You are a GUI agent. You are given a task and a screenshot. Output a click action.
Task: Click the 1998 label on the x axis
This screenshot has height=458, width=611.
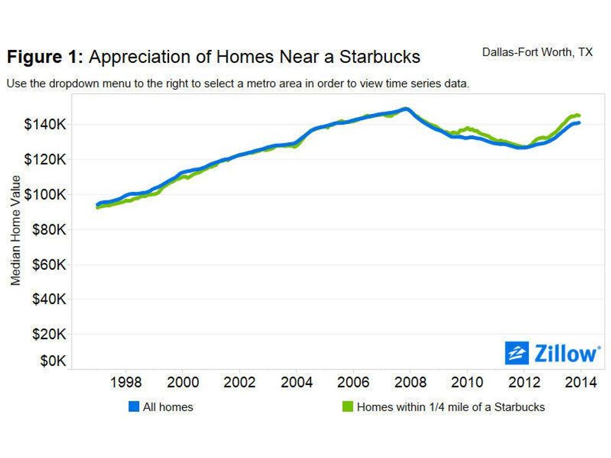tap(125, 382)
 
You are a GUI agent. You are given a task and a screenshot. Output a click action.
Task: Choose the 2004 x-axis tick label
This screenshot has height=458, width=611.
tap(296, 382)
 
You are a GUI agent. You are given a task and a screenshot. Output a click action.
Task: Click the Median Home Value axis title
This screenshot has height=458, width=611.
tap(16, 231)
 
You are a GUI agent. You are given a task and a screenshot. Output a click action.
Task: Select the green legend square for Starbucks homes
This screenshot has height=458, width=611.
tap(348, 407)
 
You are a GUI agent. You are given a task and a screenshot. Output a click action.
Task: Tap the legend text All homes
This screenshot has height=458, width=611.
tap(168, 407)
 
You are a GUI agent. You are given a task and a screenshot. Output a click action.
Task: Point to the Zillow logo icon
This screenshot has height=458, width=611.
tap(516, 353)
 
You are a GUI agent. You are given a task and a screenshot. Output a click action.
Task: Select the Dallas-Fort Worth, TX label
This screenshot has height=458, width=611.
tap(537, 52)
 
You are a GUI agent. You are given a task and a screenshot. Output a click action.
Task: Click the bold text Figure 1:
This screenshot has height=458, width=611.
tap(45, 57)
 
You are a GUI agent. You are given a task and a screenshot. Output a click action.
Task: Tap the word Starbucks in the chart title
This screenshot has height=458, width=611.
tap(380, 57)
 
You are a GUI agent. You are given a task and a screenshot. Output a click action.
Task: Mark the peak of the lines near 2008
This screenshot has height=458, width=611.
tap(405, 108)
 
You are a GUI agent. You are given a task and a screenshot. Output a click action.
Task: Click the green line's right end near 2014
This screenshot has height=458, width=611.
tap(579, 115)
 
